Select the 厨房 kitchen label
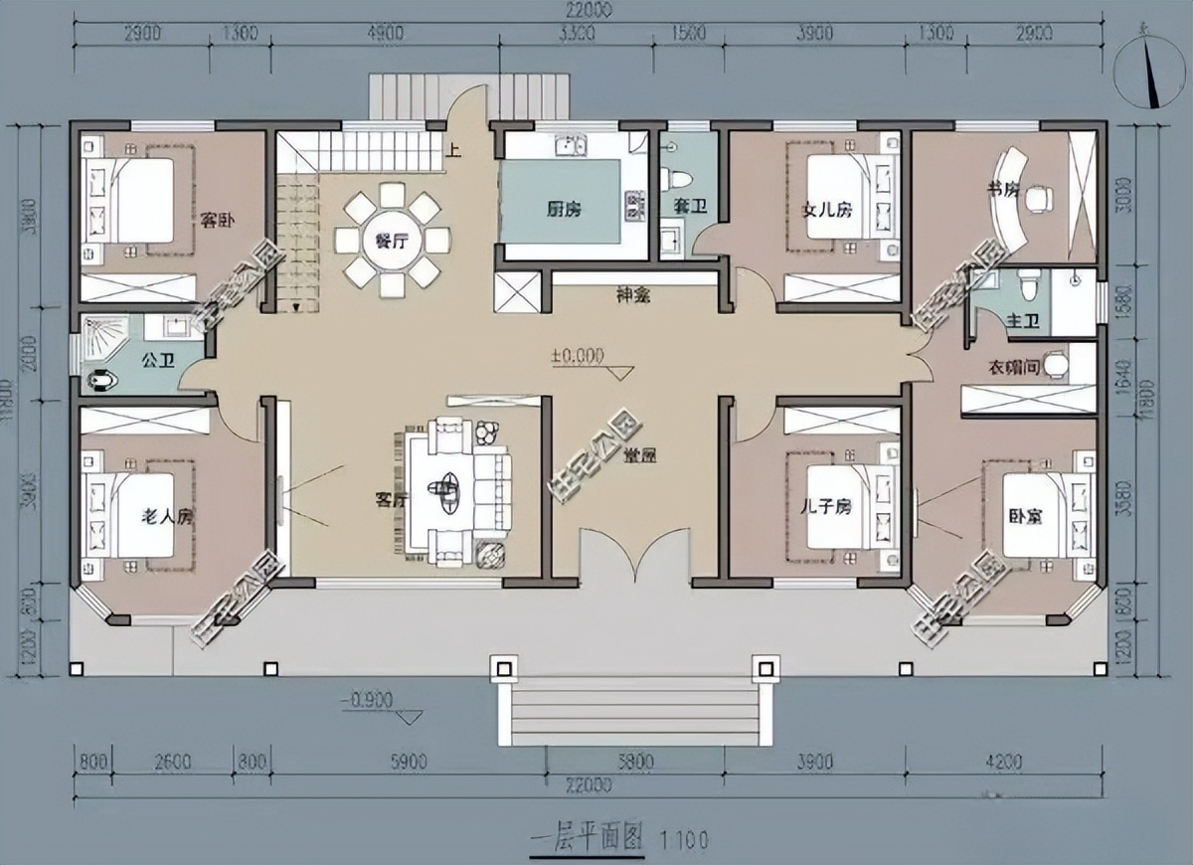[564, 210]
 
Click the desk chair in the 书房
[1038, 197]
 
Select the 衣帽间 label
[1013, 367]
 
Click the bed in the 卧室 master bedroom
[1037, 514]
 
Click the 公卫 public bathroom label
[159, 360]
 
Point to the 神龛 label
[632, 295]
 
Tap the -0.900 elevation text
[365, 700]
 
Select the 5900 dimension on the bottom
[408, 763]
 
